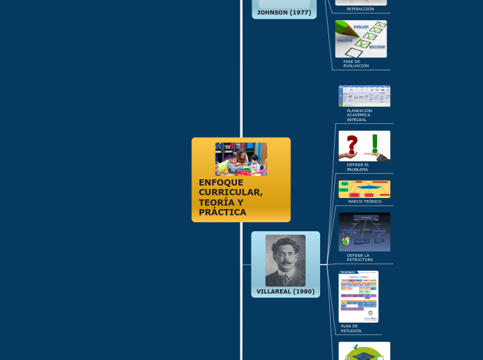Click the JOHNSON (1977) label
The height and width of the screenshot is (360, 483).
283,12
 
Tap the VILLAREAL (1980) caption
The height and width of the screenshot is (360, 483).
285,291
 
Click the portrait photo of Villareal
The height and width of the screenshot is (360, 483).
285,260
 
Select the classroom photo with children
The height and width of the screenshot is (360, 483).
240,159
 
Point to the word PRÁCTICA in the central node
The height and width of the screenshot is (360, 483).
222,213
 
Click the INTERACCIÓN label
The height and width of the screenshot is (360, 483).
360,9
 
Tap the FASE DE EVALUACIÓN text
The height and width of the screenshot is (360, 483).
355,64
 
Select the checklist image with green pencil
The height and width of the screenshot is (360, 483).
361,39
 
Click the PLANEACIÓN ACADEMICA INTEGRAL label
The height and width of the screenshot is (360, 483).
359,115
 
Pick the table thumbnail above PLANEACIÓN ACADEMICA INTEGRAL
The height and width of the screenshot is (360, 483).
364,96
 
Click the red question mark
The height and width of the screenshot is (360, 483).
352,145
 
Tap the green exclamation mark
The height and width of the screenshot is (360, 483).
375,144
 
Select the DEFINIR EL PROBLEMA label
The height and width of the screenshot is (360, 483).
358,167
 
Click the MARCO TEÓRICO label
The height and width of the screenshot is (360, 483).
365,201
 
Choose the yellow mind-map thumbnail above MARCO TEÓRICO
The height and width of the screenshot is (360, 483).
364,189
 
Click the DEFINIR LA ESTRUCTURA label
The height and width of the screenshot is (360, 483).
359,258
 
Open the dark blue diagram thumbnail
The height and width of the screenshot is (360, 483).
364,231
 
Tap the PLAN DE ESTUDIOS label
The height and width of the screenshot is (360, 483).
351,328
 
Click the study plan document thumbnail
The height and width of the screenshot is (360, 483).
358,296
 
